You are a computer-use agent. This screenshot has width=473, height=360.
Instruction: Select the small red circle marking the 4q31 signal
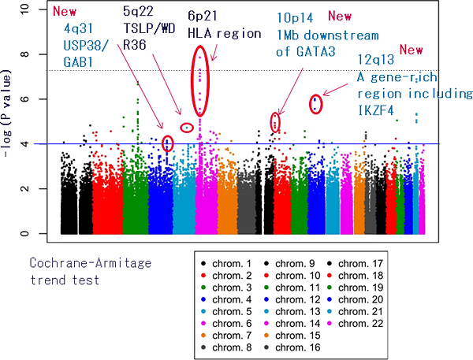click(x=167, y=143)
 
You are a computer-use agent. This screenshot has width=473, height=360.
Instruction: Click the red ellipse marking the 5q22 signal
click(x=187, y=128)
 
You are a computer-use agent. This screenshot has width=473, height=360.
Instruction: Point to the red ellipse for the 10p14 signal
click(x=275, y=121)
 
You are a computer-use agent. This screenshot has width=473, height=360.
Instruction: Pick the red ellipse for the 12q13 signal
click(x=315, y=104)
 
